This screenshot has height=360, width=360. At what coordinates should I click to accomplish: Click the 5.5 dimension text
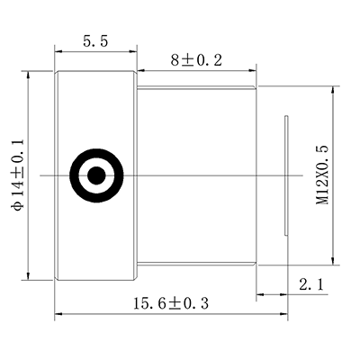(95, 41)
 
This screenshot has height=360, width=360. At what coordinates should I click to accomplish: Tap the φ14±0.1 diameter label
(14, 176)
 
